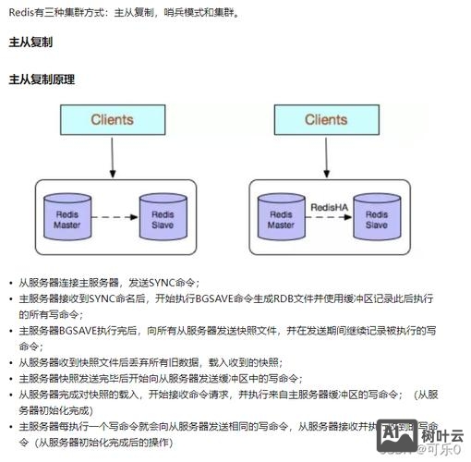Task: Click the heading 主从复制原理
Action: click(42, 79)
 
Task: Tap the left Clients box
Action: click(112, 121)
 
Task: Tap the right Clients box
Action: click(326, 121)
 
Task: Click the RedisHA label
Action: click(329, 208)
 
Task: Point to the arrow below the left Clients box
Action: click(112, 160)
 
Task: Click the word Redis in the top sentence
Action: click(21, 11)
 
